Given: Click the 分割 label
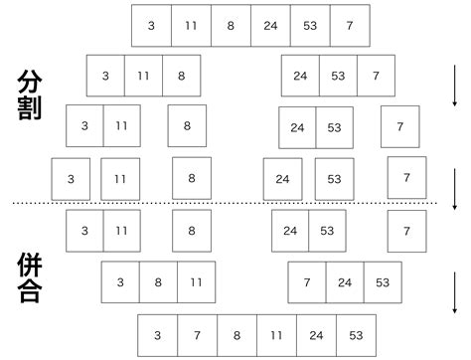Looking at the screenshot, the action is click(x=29, y=94).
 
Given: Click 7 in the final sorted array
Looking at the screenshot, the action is click(x=197, y=334).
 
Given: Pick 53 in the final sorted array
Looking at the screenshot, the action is click(x=356, y=334).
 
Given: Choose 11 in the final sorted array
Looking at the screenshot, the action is click(x=276, y=334).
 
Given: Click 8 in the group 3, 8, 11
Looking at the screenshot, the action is click(x=158, y=282).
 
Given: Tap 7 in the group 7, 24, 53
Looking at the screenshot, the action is click(x=306, y=282).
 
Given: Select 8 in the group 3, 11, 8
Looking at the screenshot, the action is click(x=180, y=76).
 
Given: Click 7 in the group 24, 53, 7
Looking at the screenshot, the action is click(x=375, y=76).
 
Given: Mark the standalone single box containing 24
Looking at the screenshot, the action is click(x=282, y=179).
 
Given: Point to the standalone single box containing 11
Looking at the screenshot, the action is click(x=120, y=179).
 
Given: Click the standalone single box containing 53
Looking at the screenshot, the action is click(x=334, y=179).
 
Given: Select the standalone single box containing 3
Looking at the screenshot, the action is click(x=71, y=179).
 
